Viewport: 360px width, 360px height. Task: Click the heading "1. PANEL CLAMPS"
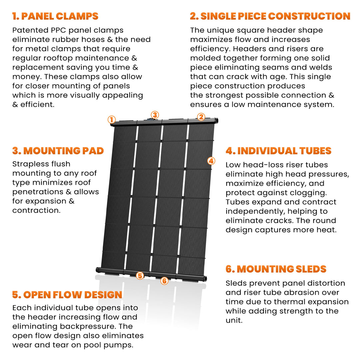tap(55, 16)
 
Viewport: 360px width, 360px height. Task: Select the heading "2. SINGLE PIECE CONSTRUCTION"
tap(270, 16)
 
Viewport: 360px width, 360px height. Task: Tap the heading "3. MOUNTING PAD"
tap(58, 151)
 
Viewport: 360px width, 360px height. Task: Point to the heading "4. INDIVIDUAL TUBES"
tap(278, 151)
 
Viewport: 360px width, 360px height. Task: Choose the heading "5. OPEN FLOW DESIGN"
tap(67, 295)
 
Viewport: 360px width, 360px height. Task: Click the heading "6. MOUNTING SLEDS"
tap(276, 269)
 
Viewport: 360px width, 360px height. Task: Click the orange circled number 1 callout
tap(112, 119)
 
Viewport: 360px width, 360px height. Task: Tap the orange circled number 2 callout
tap(201, 117)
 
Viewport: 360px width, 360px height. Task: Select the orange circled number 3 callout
tap(154, 115)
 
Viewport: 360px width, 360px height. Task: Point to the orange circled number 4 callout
tap(211, 161)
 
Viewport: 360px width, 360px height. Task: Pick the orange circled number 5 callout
tap(140, 276)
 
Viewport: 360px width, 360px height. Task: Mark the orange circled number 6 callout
tap(164, 281)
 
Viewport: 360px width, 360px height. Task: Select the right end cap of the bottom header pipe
tap(204, 278)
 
